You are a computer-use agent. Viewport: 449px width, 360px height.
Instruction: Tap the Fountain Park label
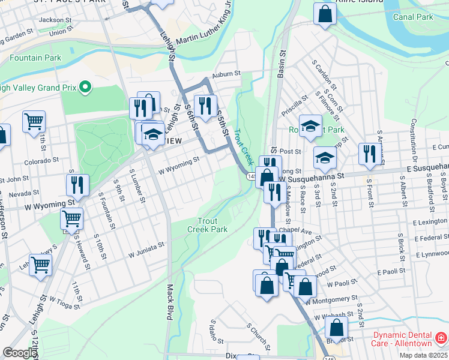tap(35, 58)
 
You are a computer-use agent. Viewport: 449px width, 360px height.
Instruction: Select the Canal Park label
tap(412, 17)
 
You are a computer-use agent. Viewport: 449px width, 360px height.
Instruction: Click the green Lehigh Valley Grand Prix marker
tap(85, 88)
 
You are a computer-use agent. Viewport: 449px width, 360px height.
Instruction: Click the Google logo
tap(19, 353)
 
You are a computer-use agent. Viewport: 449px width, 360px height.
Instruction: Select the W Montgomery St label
tap(330, 298)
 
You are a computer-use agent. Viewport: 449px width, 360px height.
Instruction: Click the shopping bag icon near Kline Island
tap(324, 16)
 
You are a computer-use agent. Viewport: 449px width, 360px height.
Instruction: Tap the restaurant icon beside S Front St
tap(368, 154)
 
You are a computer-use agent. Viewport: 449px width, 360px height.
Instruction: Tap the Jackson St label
tap(52, 20)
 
